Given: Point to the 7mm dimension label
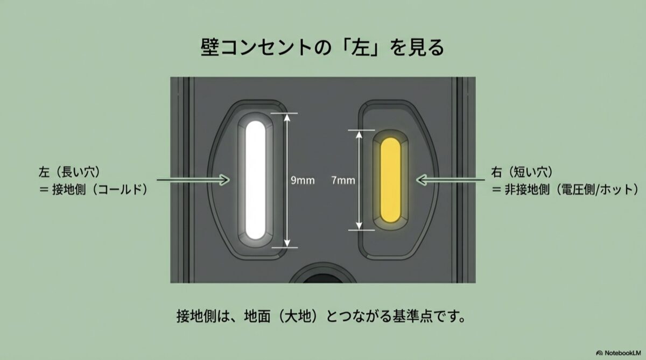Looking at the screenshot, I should click(343, 180).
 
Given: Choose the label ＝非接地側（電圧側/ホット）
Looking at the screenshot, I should click(565, 189).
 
